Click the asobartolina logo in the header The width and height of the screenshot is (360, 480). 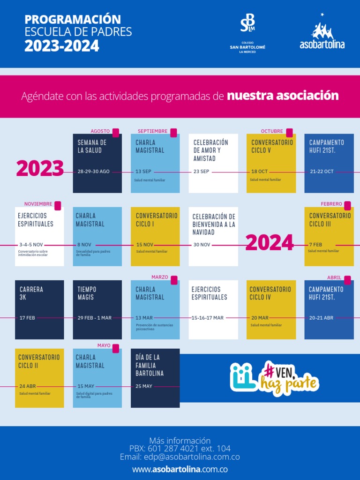click(322, 32)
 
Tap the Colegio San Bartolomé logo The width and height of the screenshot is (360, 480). click(247, 33)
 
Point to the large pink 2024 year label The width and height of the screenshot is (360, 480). click(270, 243)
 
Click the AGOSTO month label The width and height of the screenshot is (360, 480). click(100, 131)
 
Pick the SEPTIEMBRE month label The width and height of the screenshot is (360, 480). click(152, 131)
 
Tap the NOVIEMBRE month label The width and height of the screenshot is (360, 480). click(38, 204)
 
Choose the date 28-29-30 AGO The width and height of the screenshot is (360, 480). click(94, 172)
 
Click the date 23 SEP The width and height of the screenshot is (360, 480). click(201, 172)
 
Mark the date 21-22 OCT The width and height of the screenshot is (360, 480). click(322, 172)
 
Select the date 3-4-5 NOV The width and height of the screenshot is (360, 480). click(31, 245)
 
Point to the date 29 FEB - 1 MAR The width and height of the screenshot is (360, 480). click(95, 318)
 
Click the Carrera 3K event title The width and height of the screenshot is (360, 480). click(31, 293)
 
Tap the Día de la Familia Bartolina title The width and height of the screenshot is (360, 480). click(150, 365)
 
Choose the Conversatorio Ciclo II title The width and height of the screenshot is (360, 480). click(39, 361)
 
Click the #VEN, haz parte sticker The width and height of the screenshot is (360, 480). click(275, 378)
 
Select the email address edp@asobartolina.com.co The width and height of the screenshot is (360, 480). click(180, 457)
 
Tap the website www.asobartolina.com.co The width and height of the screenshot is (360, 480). click(180, 469)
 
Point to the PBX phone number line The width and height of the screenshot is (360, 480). click(180, 449)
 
